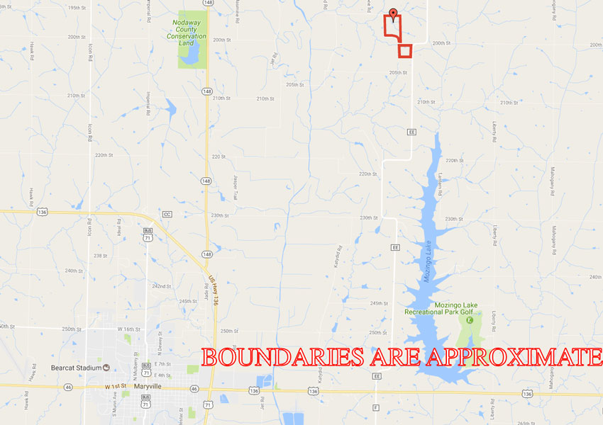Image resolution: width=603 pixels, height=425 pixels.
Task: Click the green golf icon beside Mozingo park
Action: pos(469,320)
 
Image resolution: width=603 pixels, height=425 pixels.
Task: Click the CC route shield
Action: pos(167,214)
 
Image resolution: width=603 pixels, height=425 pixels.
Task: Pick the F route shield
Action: pos(375,409)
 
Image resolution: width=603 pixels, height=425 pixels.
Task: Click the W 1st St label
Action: pos(116,386)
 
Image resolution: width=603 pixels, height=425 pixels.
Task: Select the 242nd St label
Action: pos(162,286)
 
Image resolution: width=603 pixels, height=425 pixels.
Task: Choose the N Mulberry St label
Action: pos(135,362)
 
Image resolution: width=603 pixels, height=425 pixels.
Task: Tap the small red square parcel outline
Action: pos(405,50)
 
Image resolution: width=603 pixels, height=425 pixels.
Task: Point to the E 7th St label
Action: pos(164,363)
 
